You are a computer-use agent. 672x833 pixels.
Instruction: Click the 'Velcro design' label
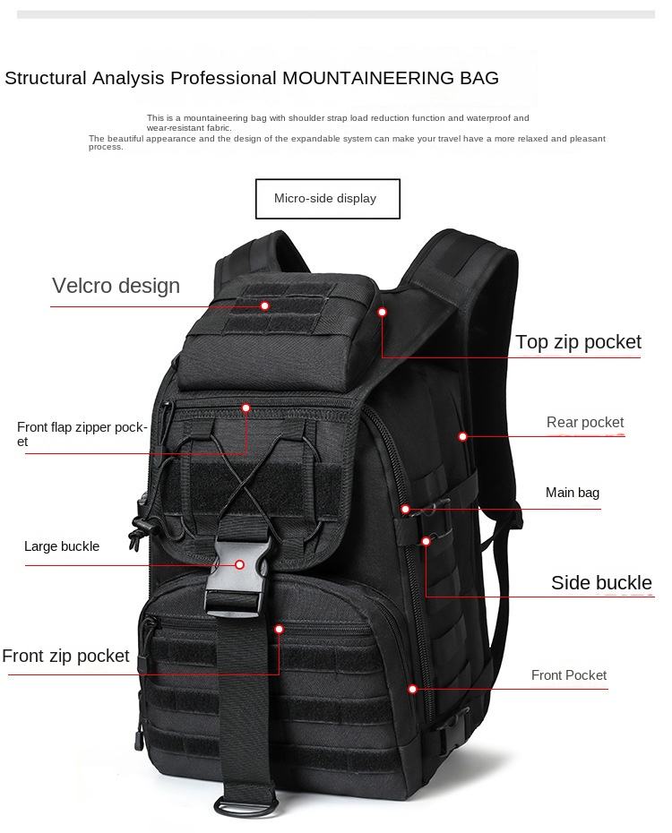coord(116,286)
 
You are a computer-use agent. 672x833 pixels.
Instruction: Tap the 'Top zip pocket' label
coord(578,341)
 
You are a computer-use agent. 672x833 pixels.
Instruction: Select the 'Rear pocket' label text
coord(585,422)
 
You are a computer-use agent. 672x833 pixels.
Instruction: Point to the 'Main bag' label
coord(573,493)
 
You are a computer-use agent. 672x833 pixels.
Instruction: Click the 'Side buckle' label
coord(601,583)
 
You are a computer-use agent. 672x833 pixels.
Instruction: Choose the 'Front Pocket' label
coord(569,675)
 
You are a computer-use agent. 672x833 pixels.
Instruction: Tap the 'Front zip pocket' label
coord(65,656)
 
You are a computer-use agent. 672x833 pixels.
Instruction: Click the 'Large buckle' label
coord(62,546)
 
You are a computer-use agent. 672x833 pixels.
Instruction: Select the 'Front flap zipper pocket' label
coord(82,434)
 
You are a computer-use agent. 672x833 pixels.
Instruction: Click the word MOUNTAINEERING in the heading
coord(368,78)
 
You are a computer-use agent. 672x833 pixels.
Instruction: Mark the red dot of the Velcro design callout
coord(265,305)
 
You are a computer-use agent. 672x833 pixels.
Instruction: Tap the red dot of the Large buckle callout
coord(240,564)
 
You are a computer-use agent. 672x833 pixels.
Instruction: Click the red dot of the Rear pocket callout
coord(463,436)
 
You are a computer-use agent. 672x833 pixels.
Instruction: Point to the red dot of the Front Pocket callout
coord(413,689)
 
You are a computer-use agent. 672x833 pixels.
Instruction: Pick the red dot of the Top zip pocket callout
coord(382,312)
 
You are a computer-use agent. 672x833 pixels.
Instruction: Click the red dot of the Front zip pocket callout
coord(279,629)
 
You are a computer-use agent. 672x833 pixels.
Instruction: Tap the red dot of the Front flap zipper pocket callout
coord(246,408)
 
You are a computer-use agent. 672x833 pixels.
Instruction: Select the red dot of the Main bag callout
coord(405,509)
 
